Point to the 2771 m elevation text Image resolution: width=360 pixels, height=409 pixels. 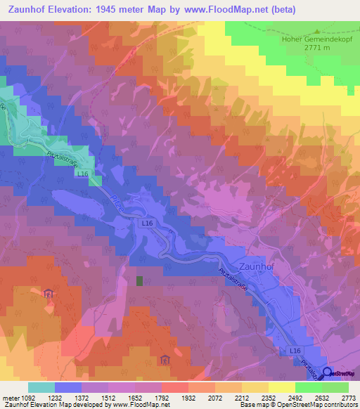[317, 48]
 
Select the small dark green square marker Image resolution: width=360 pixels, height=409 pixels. [140, 281]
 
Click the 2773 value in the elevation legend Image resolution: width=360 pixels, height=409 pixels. [348, 397]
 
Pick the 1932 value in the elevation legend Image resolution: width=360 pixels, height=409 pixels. [188, 397]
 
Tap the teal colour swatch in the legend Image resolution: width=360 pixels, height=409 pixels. [41, 387]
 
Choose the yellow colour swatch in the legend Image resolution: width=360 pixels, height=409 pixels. [281, 387]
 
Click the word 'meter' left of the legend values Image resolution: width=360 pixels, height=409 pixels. [9, 397]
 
